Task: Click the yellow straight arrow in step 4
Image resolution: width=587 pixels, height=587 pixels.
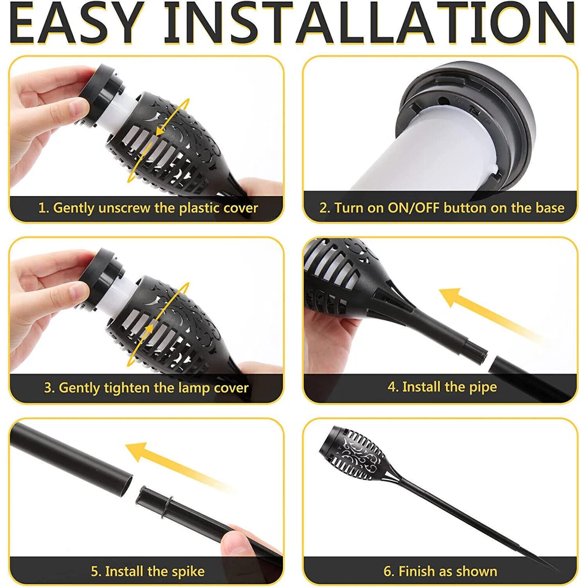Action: pos(490,315)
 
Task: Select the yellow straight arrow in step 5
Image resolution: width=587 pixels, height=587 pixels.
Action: pos(180,467)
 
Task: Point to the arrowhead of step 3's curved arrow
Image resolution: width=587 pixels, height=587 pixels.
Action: pos(149,329)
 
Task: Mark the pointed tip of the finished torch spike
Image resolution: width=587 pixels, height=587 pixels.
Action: pos(557,569)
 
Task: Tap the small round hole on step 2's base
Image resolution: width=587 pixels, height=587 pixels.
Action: pos(443,101)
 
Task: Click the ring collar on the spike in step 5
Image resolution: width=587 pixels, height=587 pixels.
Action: pos(167,507)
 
